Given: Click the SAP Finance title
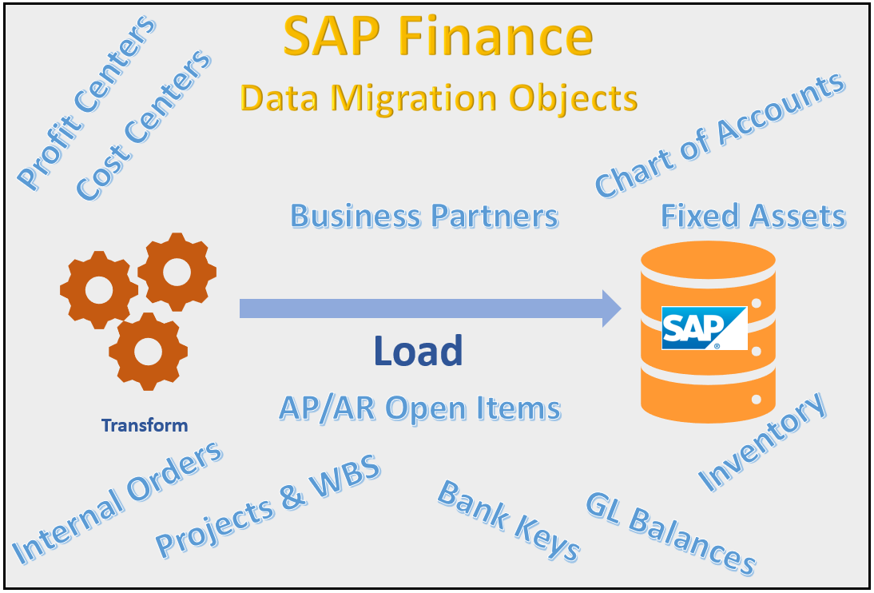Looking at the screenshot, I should click(x=438, y=38).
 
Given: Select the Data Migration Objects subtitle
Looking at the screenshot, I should click(x=439, y=98).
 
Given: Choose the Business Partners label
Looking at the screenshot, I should click(x=424, y=217).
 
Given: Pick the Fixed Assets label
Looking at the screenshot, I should click(x=753, y=217).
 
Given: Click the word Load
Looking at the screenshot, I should click(x=418, y=351).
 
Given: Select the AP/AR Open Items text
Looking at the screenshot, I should click(x=419, y=408).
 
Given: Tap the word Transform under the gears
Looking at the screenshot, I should click(x=145, y=425).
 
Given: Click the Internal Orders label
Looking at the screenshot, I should click(x=118, y=502).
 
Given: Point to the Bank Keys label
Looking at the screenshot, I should click(x=509, y=521).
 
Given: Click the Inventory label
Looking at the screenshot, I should click(x=763, y=442).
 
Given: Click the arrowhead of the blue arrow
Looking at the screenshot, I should click(x=611, y=308).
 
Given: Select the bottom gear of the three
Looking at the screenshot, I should click(x=148, y=351).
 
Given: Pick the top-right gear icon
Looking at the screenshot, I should click(x=177, y=271).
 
